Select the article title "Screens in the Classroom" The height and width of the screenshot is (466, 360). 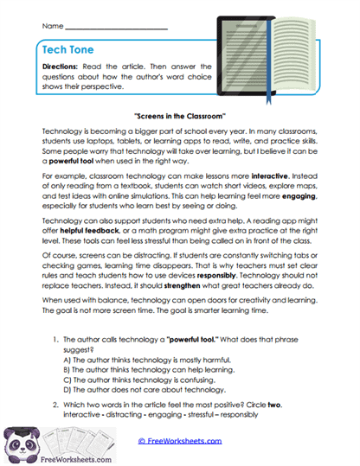click(x=180, y=115)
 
